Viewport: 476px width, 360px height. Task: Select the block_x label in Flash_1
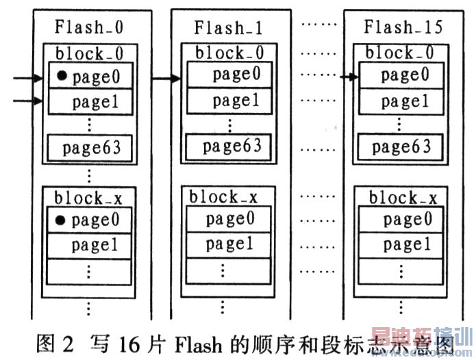point(223,196)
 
